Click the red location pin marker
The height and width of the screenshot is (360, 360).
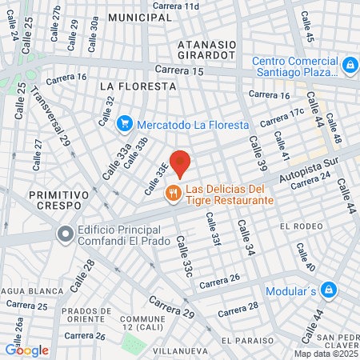pyautogui.click(x=181, y=162)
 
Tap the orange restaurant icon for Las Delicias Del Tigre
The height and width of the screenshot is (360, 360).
pyautogui.click(x=172, y=193)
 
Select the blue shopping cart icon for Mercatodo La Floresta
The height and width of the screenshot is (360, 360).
pyautogui.click(x=124, y=123)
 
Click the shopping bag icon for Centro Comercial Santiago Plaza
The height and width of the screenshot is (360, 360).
pyautogui.click(x=349, y=64)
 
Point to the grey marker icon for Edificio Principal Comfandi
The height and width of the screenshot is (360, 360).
pyautogui.click(x=65, y=234)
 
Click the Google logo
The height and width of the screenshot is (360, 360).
pyautogui.click(x=26, y=350)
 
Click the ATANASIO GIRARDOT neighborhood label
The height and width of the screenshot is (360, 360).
pyautogui.click(x=206, y=50)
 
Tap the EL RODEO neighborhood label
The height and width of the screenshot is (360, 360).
pyautogui.click(x=301, y=227)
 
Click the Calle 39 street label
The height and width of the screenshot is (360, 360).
pyautogui.click(x=256, y=153)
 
